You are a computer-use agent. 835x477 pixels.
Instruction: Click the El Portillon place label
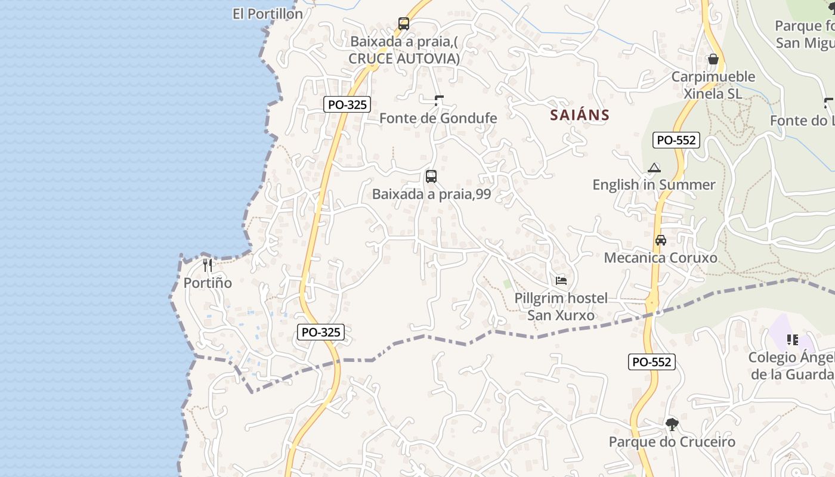[268, 14]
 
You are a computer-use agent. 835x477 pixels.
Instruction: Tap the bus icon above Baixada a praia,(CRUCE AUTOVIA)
[404, 24]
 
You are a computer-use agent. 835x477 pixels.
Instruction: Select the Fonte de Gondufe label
[438, 118]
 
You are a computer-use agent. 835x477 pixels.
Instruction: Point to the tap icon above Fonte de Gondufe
[439, 101]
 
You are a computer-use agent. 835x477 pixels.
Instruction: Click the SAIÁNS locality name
[580, 115]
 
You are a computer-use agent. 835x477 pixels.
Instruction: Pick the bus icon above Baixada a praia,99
[431, 176]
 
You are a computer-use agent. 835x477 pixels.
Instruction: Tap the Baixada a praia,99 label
[431, 194]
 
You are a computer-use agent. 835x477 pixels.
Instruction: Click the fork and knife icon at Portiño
[208, 265]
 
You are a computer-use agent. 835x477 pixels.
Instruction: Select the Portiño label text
[208, 283]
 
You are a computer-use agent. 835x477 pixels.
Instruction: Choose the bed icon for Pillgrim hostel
[561, 280]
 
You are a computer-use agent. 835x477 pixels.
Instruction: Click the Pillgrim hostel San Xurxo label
[561, 306]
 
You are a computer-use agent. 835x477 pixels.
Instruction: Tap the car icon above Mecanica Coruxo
[661, 240]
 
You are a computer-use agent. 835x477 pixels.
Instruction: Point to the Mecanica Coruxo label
[661, 258]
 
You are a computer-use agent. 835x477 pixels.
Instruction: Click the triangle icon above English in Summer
[654, 168]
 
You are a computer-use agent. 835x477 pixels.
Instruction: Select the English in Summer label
[654, 185]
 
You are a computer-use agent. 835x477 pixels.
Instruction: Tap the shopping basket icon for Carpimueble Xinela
[713, 59]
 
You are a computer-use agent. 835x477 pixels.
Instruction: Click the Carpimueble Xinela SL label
[713, 85]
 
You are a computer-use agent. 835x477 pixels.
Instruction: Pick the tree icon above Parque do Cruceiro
[672, 425]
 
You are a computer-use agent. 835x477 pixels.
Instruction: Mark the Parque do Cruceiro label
[672, 442]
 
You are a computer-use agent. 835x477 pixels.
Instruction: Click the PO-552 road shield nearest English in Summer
[675, 140]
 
